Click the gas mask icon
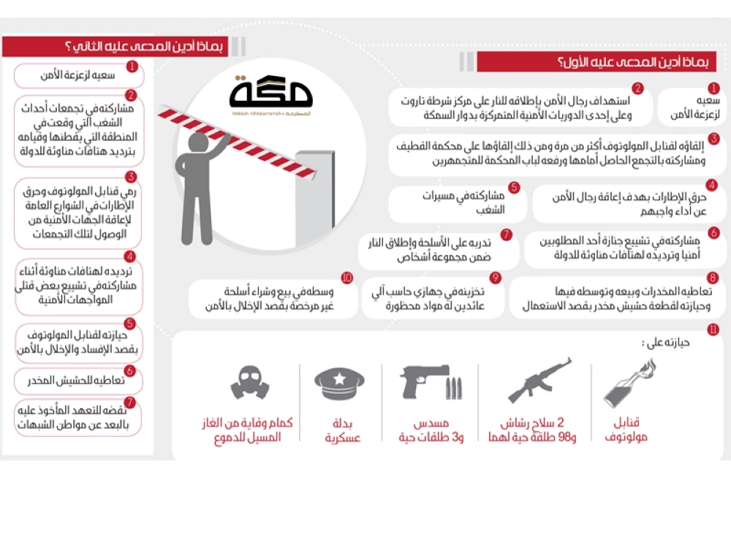(x=250, y=382)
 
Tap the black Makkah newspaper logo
(x=270, y=94)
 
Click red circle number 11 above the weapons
(x=713, y=330)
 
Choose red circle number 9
(x=495, y=278)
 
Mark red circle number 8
(x=713, y=278)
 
